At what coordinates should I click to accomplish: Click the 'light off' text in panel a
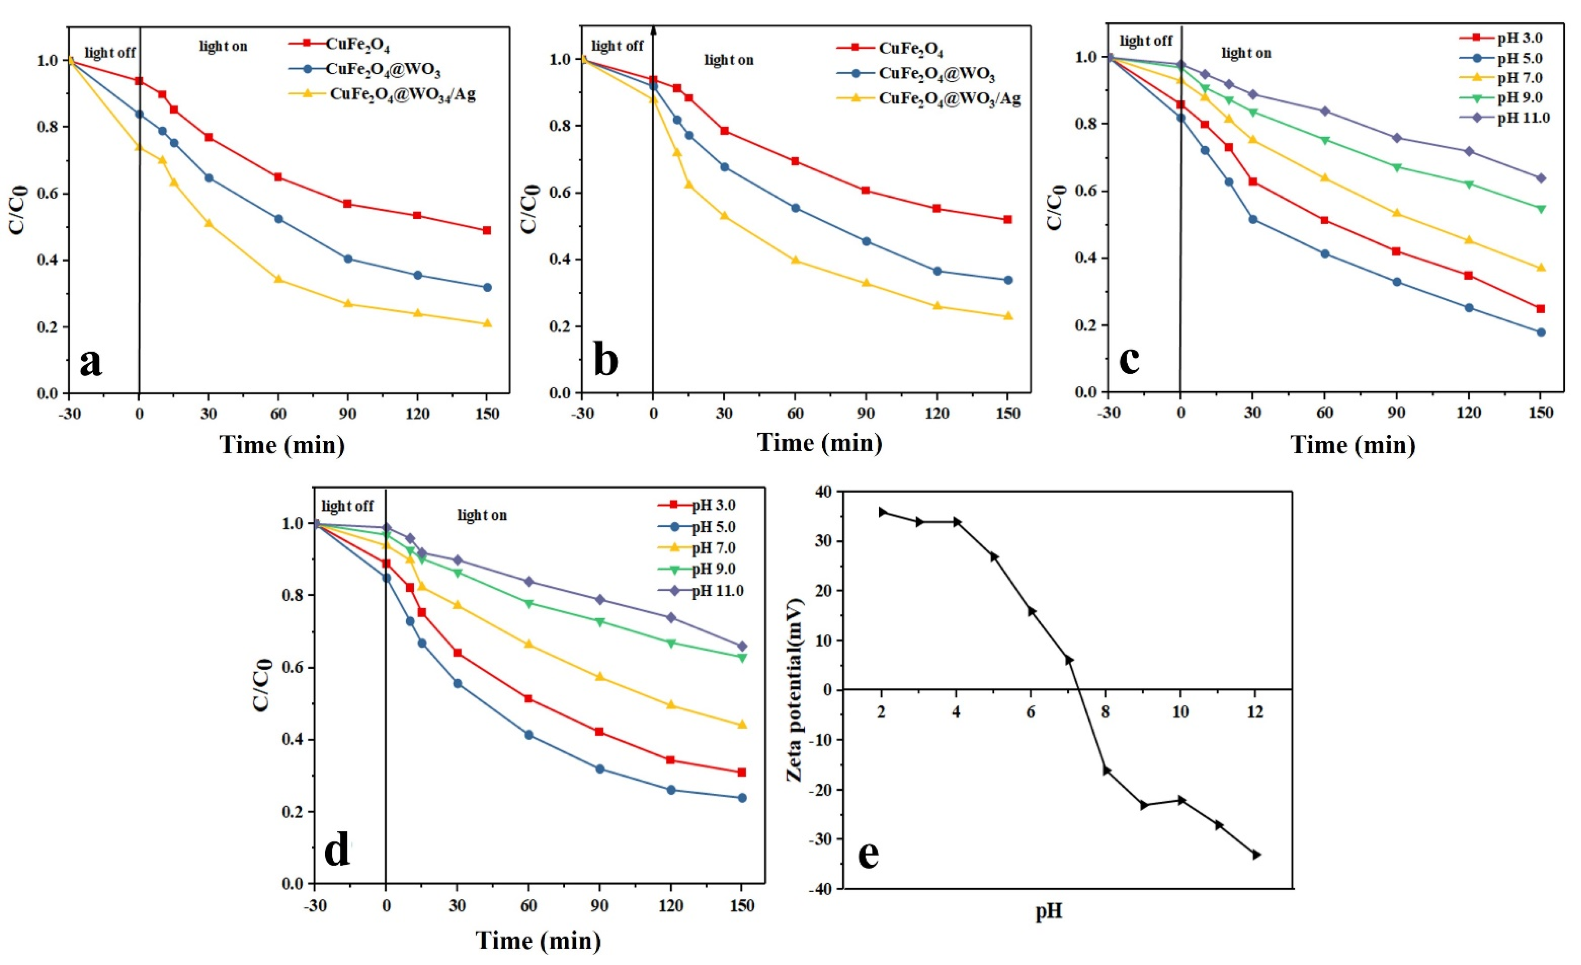pyautogui.click(x=110, y=53)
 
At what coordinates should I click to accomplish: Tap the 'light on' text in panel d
pyautogui.click(x=482, y=515)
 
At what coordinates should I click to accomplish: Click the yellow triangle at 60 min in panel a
pyautogui.click(x=278, y=279)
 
